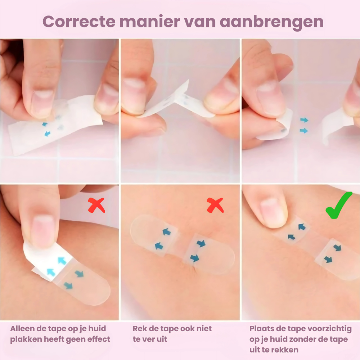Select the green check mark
coord(339,205)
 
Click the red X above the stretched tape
coord(215,205)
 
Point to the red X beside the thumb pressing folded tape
coord(96,205)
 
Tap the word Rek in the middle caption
coord(140,328)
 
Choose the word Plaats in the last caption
coord(262,328)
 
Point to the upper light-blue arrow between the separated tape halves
coord(304,120)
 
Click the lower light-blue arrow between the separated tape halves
coord(304,130)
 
